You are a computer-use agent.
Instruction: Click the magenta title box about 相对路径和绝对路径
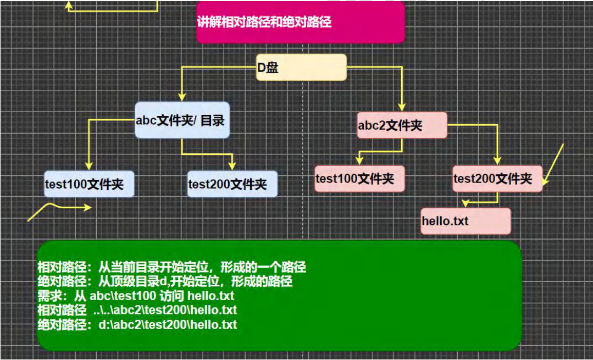(300, 22)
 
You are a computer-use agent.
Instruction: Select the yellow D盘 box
(301, 68)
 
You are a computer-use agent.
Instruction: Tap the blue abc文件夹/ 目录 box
(182, 120)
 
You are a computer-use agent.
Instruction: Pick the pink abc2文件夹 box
(402, 125)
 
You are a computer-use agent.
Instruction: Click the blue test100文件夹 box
(89, 184)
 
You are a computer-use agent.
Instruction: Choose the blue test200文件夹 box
(232, 184)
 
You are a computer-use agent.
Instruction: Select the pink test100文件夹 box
(359, 178)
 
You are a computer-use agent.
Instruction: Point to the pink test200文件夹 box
(497, 178)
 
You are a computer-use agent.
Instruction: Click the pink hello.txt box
(465, 221)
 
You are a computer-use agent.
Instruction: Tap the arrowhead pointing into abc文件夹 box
(181, 97)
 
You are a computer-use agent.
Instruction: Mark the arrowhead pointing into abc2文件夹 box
(402, 108)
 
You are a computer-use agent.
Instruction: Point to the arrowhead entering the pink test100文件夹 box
(359, 160)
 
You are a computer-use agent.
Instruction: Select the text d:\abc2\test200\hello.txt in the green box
(168, 324)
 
